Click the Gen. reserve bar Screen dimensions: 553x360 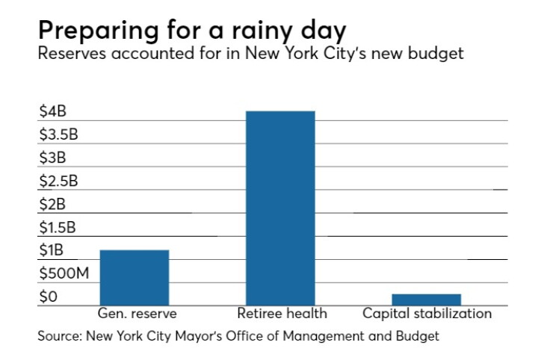(135, 278)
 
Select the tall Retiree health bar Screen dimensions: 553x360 (280, 208)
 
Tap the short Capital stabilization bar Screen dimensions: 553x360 (427, 300)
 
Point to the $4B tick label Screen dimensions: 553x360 (53, 111)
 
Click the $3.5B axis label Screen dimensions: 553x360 (58, 134)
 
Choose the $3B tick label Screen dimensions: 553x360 (52, 158)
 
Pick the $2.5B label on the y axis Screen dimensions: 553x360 (58, 181)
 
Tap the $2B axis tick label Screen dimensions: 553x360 (52, 204)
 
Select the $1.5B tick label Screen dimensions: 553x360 (58, 227)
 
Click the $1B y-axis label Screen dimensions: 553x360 (52, 250)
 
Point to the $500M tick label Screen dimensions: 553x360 (64, 273)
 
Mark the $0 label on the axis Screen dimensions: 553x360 (49, 297)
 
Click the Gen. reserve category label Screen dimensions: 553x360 (138, 313)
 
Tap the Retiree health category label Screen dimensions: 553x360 (282, 313)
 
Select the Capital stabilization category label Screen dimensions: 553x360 (427, 314)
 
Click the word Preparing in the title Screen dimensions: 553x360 (99, 31)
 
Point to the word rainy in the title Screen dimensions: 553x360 (262, 31)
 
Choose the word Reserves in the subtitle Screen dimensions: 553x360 (72, 53)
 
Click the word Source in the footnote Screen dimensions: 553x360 (60, 335)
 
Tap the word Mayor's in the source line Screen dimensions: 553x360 (199, 336)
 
